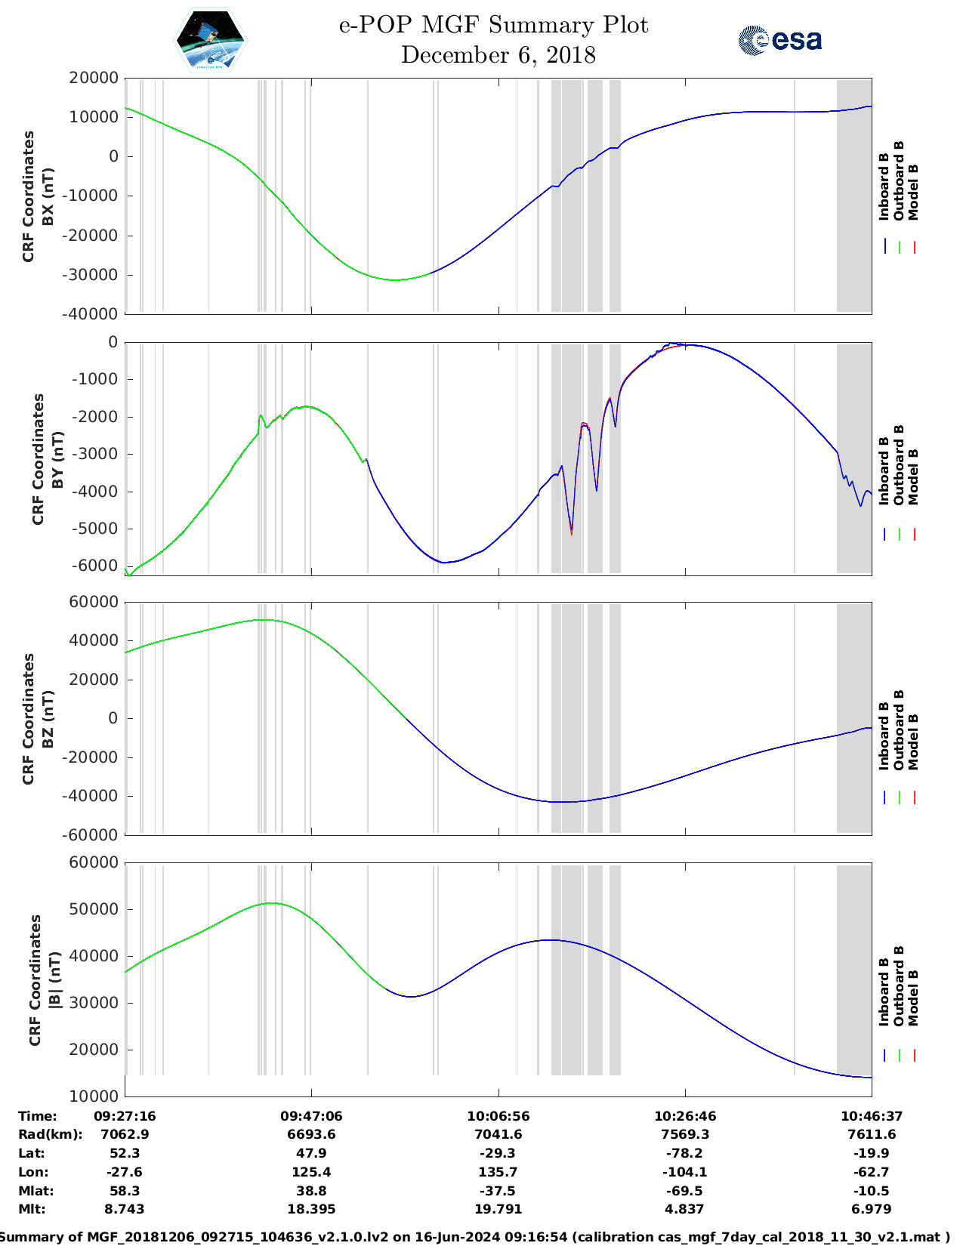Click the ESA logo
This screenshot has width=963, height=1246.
(x=779, y=40)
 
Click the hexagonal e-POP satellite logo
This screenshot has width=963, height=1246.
(x=211, y=41)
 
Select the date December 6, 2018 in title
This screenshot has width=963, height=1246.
(x=498, y=55)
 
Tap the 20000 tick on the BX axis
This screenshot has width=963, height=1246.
(x=93, y=78)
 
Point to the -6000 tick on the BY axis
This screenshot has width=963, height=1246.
(x=95, y=566)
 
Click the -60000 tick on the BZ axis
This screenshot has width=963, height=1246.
(x=91, y=835)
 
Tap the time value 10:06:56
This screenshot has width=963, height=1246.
(x=498, y=1116)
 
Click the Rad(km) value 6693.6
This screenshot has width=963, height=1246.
(x=311, y=1134)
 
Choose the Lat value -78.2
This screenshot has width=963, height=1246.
(x=684, y=1153)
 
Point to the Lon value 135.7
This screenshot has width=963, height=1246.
(x=498, y=1172)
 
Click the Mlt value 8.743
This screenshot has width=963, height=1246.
(x=125, y=1209)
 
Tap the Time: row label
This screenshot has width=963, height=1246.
(x=38, y=1116)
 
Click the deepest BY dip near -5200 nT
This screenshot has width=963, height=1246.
(x=571, y=532)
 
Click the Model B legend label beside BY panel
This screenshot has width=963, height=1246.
(x=913, y=477)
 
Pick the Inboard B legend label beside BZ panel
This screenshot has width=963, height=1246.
(x=884, y=736)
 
